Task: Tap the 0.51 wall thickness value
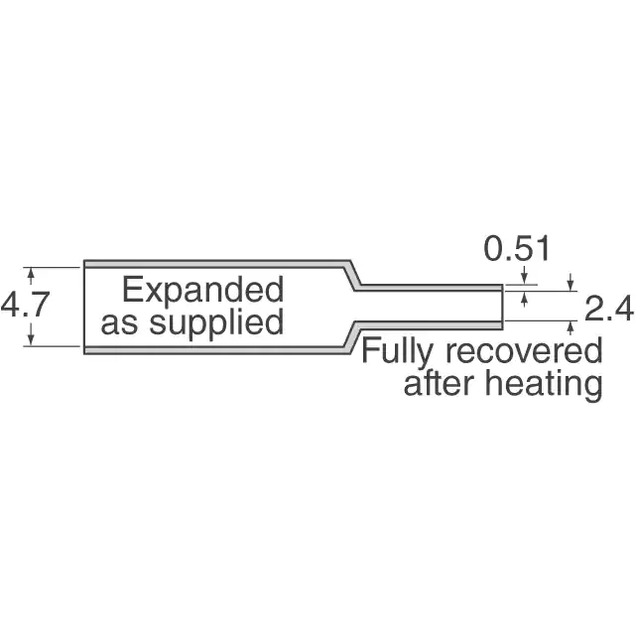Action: [x=517, y=249]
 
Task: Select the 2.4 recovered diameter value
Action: [x=607, y=310]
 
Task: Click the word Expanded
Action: [x=202, y=291]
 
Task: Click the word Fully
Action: [x=395, y=351]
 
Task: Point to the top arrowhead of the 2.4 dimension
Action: [x=571, y=286]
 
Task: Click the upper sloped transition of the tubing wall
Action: [x=351, y=275]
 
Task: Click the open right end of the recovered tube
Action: [x=502, y=306]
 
